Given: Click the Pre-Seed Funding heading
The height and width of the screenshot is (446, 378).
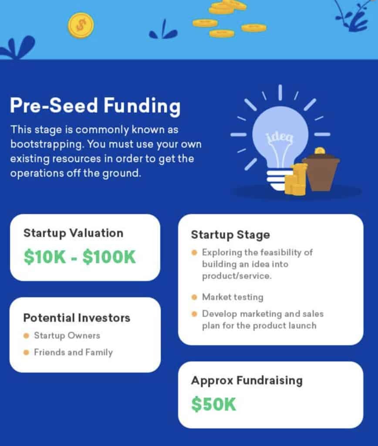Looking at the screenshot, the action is pyautogui.click(x=95, y=106).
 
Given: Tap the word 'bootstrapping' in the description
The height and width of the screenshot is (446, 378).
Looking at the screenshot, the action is pyautogui.click(x=47, y=144).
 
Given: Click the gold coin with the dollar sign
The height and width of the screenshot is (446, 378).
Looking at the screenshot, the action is pyautogui.click(x=81, y=25).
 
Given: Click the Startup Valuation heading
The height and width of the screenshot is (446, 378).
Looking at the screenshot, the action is pyautogui.click(x=74, y=233).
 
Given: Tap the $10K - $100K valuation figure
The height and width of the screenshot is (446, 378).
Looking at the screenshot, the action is pyautogui.click(x=80, y=257).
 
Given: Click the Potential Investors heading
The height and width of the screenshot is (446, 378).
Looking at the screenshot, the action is pyautogui.click(x=77, y=318).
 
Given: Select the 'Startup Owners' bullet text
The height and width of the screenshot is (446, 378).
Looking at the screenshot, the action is pyautogui.click(x=67, y=336).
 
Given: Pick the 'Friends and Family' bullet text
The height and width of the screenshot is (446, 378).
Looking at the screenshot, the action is pyautogui.click(x=74, y=352).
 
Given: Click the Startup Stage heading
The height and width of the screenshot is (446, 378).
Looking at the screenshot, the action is pyautogui.click(x=230, y=235).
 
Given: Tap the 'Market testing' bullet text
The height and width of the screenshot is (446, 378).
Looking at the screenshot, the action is pyautogui.click(x=233, y=297).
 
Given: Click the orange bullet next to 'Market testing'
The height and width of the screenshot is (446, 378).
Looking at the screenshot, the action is pyautogui.click(x=195, y=297).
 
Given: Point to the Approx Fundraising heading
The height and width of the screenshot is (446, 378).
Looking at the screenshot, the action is pyautogui.click(x=247, y=380).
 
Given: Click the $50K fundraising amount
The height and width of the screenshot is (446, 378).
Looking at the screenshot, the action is pyautogui.click(x=213, y=404).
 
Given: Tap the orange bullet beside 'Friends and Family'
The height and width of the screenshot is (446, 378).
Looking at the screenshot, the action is pyautogui.click(x=27, y=353).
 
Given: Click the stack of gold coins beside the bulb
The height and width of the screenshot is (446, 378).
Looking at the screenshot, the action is pyautogui.click(x=296, y=180).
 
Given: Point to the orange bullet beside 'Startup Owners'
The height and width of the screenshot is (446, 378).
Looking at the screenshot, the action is pyautogui.click(x=27, y=336).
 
